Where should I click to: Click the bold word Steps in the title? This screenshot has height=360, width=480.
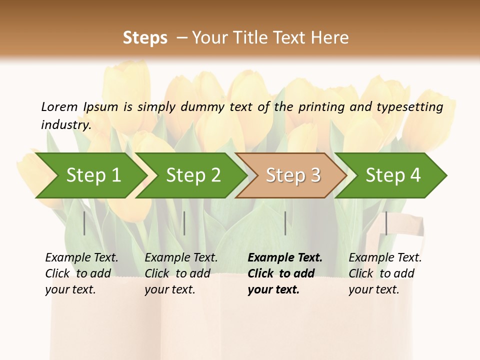145,38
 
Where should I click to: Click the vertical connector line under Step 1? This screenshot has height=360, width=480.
84,223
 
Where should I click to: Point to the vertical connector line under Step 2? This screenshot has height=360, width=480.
184,223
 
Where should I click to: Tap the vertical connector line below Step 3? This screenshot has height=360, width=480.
285,223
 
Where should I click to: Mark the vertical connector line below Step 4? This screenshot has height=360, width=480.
386,223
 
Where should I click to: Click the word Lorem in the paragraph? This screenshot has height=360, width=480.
59,106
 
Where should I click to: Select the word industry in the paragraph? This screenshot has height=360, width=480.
66,125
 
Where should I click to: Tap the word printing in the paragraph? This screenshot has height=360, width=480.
318,107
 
